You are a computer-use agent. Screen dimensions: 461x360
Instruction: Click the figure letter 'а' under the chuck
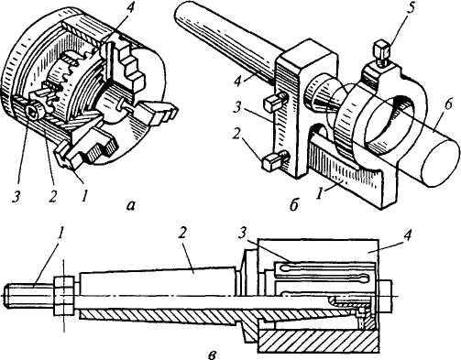point(131,206)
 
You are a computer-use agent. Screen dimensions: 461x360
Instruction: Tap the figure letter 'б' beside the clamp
point(293,205)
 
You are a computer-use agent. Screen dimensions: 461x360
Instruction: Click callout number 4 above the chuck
point(130,8)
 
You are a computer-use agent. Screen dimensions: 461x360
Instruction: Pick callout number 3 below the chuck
point(16,196)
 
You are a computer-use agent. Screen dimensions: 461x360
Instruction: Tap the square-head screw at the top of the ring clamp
point(382,53)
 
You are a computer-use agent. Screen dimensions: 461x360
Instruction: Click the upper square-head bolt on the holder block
point(275,102)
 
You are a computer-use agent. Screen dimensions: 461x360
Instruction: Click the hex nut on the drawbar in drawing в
point(64,296)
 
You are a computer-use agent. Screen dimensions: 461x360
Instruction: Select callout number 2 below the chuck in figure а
point(52,196)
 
